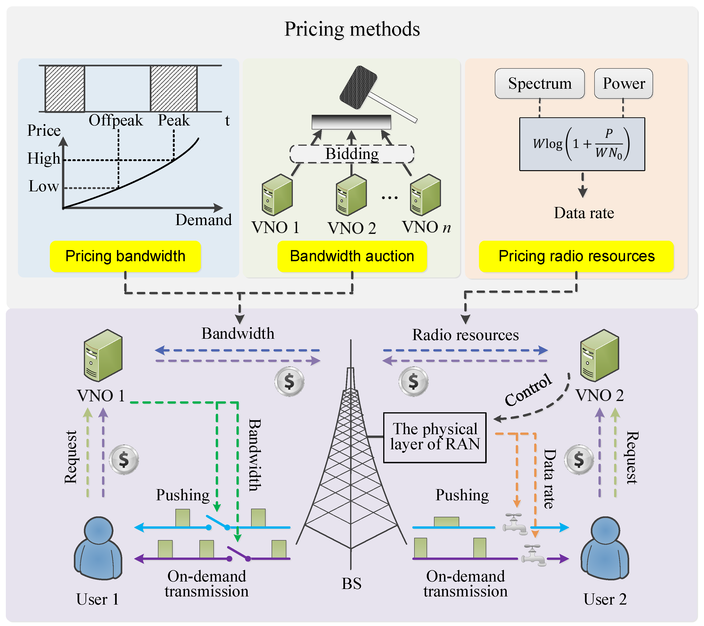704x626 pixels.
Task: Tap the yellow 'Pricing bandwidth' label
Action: coord(125,256)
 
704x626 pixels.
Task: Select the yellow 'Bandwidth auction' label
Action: coord(352,256)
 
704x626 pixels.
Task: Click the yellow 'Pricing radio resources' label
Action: coord(576,256)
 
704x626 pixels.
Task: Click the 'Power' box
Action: coord(623,84)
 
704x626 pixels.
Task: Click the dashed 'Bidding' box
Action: coord(352,154)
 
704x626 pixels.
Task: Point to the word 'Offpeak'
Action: coord(116,120)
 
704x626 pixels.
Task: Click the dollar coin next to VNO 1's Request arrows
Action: coord(124,460)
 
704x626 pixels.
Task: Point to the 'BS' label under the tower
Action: coord(351,584)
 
